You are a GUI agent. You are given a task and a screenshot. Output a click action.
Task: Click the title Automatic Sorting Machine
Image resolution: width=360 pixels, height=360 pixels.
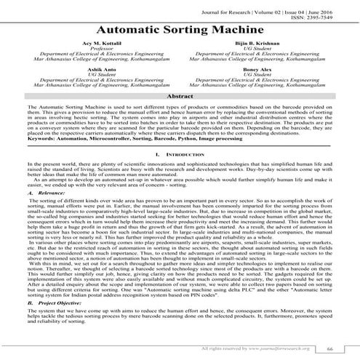(180, 32)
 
